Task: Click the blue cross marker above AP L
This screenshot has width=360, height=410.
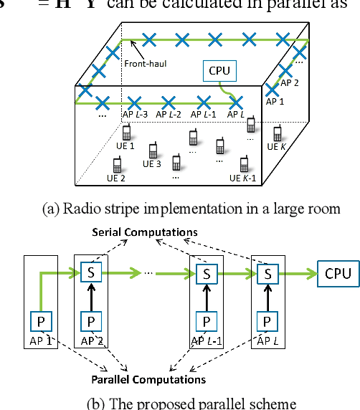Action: (235, 102)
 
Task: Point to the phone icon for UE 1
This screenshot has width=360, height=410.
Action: (127, 133)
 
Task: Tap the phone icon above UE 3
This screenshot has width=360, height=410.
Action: (153, 151)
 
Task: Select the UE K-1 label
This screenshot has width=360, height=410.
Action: (245, 178)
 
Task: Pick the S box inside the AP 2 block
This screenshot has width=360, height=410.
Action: (90, 272)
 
